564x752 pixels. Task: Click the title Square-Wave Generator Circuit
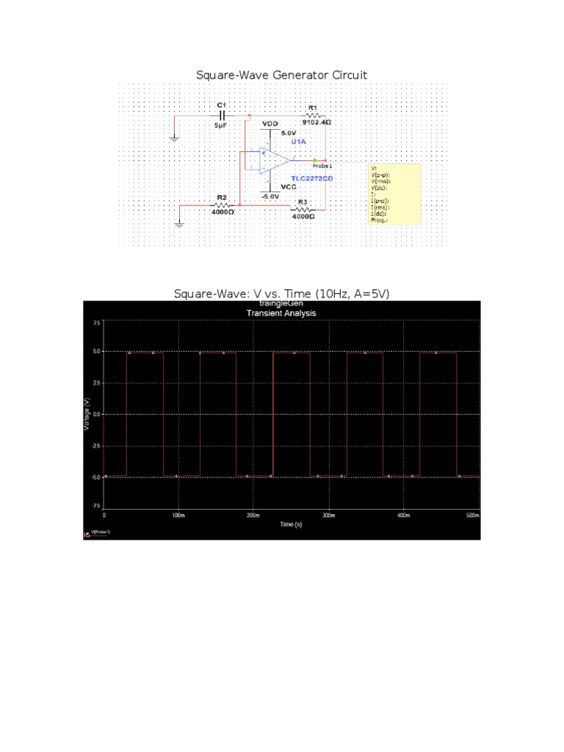click(281, 76)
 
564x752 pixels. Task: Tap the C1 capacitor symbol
click(221, 116)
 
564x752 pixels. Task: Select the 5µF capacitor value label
click(221, 126)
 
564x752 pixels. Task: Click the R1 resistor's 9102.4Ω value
click(317, 123)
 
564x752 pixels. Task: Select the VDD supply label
click(270, 123)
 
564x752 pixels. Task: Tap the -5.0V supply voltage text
click(271, 197)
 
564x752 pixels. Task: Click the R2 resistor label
click(221, 198)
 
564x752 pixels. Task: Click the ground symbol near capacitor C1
click(174, 139)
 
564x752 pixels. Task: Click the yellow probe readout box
click(394, 194)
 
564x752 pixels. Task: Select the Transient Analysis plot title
click(281, 313)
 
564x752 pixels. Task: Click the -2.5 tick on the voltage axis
click(96, 446)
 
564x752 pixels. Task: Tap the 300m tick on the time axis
click(328, 516)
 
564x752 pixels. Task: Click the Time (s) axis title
click(291, 524)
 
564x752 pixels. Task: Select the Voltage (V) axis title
click(87, 413)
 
